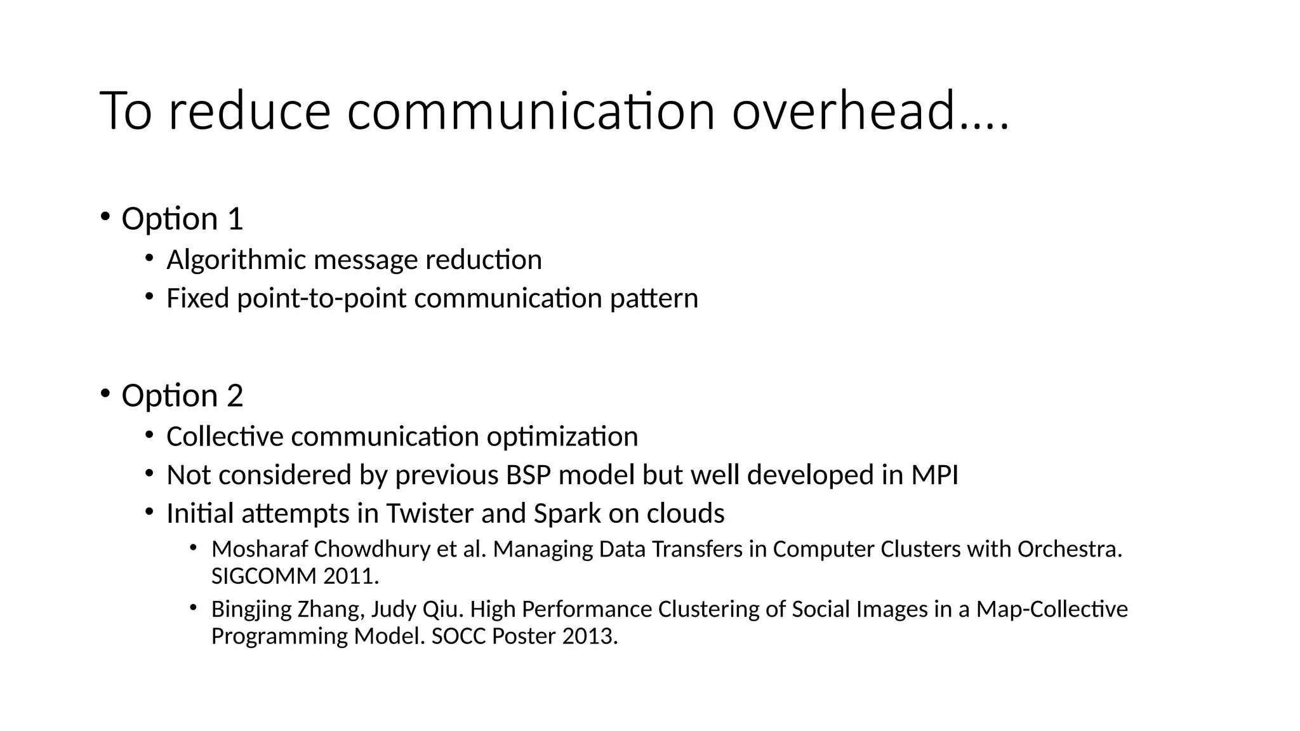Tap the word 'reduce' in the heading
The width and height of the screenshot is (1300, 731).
(x=249, y=111)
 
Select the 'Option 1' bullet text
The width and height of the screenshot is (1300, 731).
(x=182, y=219)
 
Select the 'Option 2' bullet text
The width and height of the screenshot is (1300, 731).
(x=182, y=396)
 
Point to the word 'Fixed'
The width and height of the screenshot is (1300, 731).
(x=197, y=298)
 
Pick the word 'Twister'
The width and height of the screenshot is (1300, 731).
(x=430, y=513)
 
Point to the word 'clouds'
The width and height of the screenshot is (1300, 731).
(x=686, y=513)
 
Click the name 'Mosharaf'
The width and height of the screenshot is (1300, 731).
(x=259, y=549)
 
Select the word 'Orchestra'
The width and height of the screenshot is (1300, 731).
(x=1069, y=549)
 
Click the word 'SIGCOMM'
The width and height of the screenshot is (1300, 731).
(x=263, y=576)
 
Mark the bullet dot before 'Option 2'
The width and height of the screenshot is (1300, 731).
(x=105, y=393)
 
